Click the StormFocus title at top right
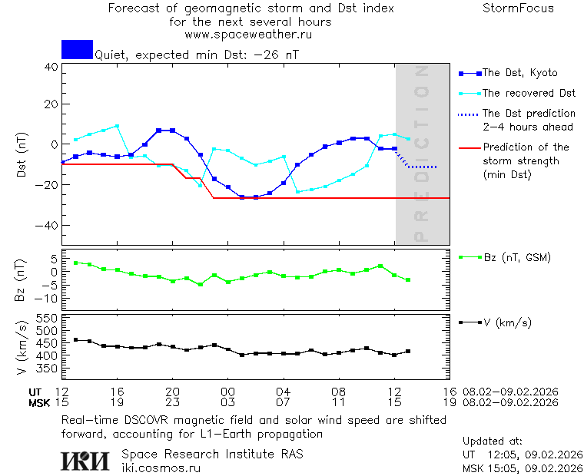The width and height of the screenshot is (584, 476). click(518, 9)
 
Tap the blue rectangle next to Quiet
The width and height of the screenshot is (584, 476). click(77, 50)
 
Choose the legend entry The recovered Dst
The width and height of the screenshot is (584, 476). click(529, 93)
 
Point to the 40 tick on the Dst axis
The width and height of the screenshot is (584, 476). click(51, 67)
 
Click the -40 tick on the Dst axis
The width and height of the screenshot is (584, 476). click(48, 226)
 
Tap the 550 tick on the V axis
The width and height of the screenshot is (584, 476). click(48, 319)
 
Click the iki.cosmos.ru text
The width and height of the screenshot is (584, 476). click(161, 468)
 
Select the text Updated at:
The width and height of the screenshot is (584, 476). click(493, 441)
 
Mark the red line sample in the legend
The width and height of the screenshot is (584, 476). click(468, 147)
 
